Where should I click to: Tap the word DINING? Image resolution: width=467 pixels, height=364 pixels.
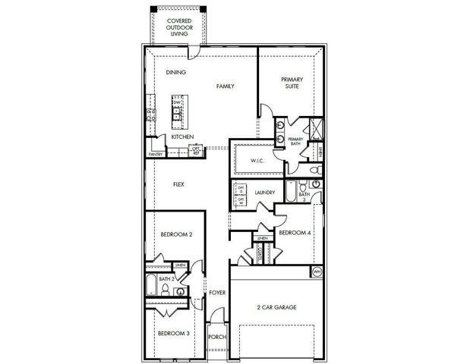click(177, 72)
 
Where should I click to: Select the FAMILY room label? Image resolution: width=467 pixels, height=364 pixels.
click(225, 86)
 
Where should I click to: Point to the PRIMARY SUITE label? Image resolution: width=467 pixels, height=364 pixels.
click(292, 83)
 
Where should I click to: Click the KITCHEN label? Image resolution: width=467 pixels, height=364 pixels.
click(181, 136)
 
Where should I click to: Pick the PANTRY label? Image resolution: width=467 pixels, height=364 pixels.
click(156, 153)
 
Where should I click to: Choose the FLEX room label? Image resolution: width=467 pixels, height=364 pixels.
click(179, 184)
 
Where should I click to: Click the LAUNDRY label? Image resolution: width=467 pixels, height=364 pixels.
click(265, 193)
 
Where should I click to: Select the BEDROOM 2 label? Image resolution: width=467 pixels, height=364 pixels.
click(175, 235)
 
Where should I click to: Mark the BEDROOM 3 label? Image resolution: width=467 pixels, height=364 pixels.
click(173, 333)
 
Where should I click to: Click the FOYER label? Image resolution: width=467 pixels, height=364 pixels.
click(218, 291)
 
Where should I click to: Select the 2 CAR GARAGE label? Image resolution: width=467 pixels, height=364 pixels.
click(276, 307)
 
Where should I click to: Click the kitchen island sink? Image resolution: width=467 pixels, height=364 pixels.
click(176, 114)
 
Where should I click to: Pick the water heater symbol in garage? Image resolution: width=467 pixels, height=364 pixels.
click(317, 271)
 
